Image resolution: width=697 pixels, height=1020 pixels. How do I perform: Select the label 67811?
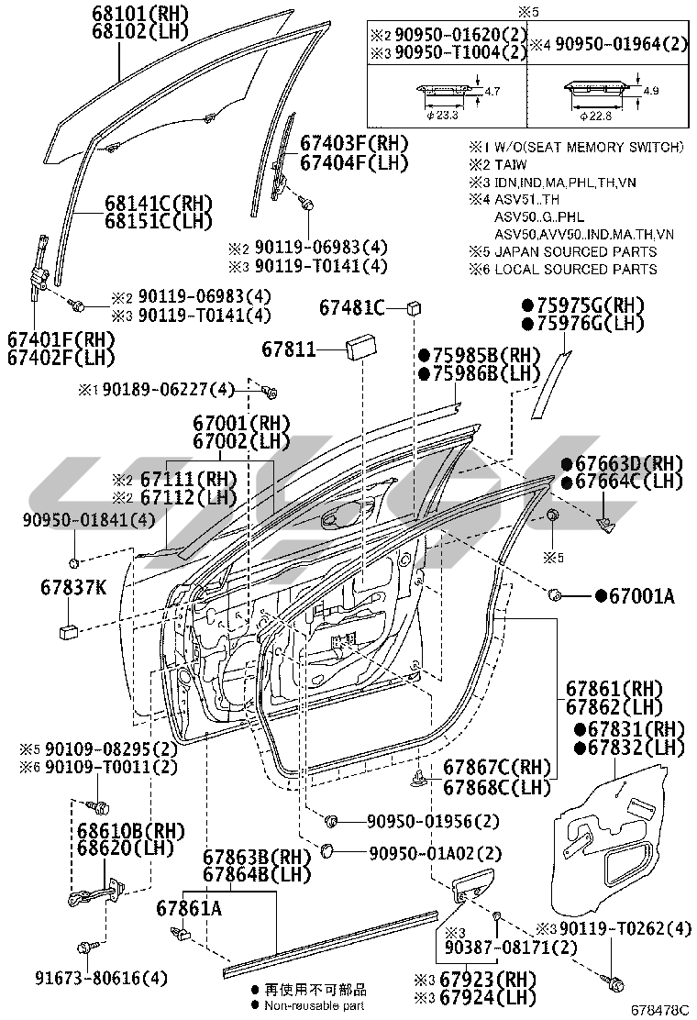click(288, 349)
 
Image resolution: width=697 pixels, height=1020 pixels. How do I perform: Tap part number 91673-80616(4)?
click(90, 978)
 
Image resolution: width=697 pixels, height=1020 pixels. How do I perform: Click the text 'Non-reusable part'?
click(315, 1005)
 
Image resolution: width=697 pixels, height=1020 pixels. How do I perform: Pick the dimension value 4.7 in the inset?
click(492, 92)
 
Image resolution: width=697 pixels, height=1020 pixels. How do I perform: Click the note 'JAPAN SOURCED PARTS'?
click(575, 251)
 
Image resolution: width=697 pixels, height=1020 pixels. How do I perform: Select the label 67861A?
click(188, 908)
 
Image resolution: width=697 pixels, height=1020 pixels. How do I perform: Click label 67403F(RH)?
click(354, 144)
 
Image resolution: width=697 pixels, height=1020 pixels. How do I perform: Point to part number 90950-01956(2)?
click(433, 820)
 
